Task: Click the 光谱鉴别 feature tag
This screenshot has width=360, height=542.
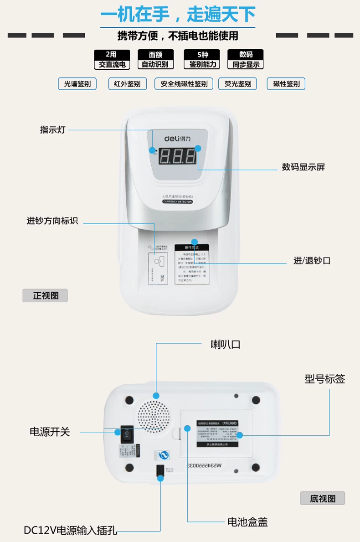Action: (x=77, y=84)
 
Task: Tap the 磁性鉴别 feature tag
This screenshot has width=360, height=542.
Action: (x=286, y=84)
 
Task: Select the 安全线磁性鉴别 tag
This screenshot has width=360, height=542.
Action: (x=181, y=84)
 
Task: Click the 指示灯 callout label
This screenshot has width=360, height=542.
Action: (x=53, y=129)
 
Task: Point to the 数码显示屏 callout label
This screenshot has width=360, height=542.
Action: (x=303, y=167)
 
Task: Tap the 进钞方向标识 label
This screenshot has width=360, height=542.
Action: (x=52, y=221)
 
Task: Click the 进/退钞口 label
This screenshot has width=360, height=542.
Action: (x=312, y=261)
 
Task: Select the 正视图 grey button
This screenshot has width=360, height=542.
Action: (x=45, y=295)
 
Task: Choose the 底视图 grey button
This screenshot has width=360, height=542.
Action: (x=322, y=498)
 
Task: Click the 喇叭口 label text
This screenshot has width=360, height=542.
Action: (x=225, y=345)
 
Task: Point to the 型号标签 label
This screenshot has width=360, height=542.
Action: (x=324, y=379)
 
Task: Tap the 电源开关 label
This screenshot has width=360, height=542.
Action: (x=50, y=432)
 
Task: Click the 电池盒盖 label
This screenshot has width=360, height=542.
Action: (x=247, y=522)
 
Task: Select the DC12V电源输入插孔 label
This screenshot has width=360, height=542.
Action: (x=71, y=531)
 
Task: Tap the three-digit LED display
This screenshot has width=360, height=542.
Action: (x=177, y=157)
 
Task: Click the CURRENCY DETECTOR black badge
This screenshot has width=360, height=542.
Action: (x=177, y=201)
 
